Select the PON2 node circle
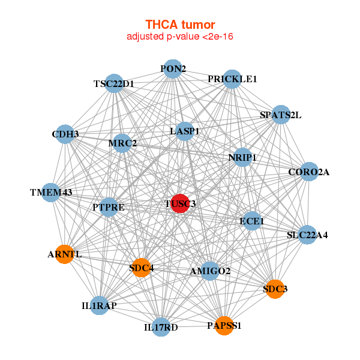tap(173, 68)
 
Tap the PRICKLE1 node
tap(232, 79)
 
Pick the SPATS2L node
tap(280, 115)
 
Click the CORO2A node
tap(308, 172)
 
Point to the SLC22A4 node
tap(307, 235)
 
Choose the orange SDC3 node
tap(275, 289)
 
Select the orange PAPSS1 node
tap(224, 325)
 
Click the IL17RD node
tap(161, 327)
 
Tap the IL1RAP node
tap(100, 305)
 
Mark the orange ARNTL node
tap(64, 254)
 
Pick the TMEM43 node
tap(52, 193)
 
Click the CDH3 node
tap(65, 134)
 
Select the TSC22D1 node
tap(113, 84)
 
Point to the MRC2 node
tap(122, 143)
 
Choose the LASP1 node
tap(184, 131)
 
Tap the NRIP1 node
tap(242, 157)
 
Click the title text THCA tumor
tap(180, 25)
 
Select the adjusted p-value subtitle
tap(180, 37)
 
